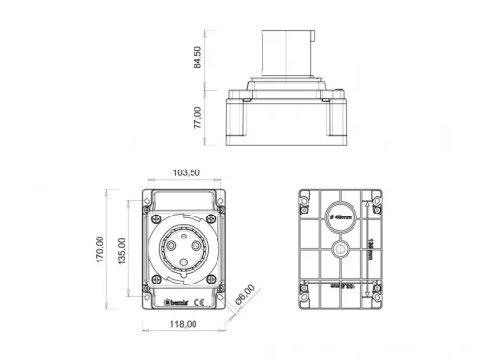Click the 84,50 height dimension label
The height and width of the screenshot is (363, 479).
point(198,57)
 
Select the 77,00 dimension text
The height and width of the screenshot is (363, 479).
point(198,118)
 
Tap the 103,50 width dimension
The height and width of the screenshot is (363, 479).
point(186,172)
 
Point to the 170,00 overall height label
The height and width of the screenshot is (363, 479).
point(100,253)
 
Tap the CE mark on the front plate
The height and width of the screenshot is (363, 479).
point(195,304)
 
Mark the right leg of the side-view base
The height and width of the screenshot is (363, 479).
point(331,123)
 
